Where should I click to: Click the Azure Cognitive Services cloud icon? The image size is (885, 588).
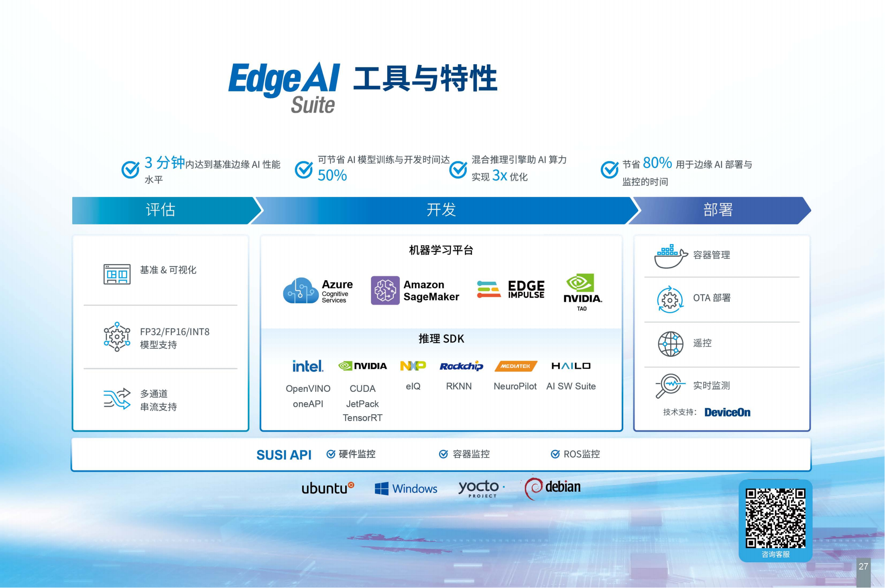pos(301,291)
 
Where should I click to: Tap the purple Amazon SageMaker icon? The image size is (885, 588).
pos(385,290)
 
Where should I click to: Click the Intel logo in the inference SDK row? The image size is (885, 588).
pos(308,366)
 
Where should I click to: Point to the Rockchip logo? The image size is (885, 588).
pos(461,366)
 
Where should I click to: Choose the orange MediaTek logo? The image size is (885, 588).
pos(516,366)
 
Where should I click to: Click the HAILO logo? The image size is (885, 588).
pos(571,366)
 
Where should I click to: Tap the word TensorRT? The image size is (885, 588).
pos(362,418)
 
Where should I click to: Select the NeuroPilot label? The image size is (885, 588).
pos(515,386)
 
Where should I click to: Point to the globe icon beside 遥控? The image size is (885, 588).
pos(670,344)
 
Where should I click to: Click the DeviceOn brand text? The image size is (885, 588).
pos(727,412)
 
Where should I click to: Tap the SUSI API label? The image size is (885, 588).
pos(284,455)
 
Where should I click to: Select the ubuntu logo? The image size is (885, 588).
pos(328,488)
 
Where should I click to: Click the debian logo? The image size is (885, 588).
pos(553,488)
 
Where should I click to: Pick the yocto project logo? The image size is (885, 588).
pos(481,488)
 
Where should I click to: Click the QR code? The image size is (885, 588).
pos(775,518)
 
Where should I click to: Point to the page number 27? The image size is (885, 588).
pos(863,566)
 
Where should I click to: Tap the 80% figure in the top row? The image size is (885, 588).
pos(657,163)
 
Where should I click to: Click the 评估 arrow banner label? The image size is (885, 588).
pos(161,210)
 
